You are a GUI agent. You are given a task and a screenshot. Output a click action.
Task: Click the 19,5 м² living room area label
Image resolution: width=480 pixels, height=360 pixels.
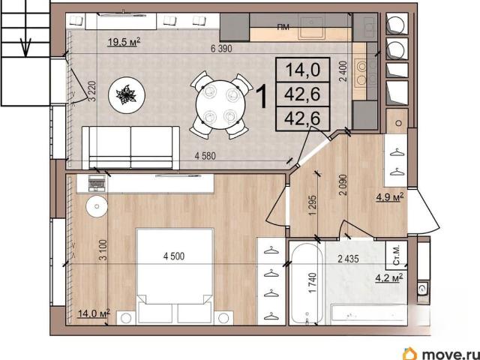[x=124, y=42]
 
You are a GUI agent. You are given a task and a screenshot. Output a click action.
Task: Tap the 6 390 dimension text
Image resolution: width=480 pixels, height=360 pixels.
[x=221, y=48]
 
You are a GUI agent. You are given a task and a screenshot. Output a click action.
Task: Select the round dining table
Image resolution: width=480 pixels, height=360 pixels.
[x=220, y=105]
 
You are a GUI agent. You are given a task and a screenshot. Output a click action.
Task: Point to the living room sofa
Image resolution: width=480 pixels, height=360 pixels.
[x=130, y=147]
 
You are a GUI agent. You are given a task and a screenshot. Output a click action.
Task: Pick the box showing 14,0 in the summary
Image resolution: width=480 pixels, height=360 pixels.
[x=302, y=70]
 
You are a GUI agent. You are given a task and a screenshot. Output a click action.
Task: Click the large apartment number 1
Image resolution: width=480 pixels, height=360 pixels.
[x=262, y=97]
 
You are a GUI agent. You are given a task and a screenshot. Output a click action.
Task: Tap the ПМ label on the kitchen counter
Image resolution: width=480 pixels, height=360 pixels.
[x=283, y=27]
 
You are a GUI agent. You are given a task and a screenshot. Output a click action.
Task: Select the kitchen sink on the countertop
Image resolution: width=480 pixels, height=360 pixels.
[x=311, y=27]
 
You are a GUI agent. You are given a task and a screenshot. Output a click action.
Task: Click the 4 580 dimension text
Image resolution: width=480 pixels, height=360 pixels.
[x=205, y=156]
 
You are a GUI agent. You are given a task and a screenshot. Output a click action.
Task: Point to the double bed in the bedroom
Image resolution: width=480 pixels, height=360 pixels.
[x=174, y=275]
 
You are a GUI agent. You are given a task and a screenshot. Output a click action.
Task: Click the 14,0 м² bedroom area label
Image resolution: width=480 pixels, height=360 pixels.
[x=94, y=313]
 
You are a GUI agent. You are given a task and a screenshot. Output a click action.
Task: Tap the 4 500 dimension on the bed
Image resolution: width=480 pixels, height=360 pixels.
[x=174, y=256]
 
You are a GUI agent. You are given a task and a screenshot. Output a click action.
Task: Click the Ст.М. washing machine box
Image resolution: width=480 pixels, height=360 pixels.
[x=397, y=255]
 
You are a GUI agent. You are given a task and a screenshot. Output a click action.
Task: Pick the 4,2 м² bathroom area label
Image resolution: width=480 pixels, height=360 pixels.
[x=388, y=278]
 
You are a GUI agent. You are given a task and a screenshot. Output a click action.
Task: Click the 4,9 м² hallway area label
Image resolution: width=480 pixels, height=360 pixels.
[x=390, y=197]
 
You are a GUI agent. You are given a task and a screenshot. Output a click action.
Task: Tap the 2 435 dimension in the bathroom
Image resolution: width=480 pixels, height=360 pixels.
[x=348, y=259]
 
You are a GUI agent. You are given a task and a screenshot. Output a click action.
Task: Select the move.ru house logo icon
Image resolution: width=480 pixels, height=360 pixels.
[x=410, y=353]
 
